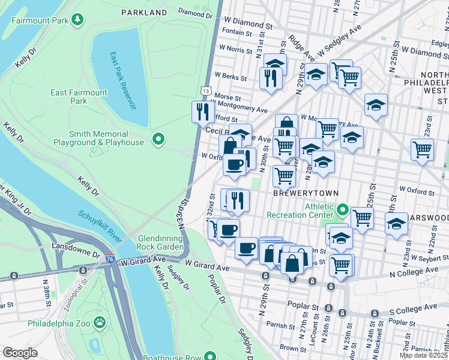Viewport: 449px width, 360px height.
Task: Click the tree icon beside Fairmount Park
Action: (77, 20)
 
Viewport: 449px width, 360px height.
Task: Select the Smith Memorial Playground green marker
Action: (158, 140)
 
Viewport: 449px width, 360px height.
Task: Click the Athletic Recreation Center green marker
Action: (343, 210)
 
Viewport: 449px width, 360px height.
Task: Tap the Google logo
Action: (20, 352)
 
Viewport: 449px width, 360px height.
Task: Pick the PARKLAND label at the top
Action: (143, 12)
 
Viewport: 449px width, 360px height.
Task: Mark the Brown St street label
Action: (294, 347)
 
